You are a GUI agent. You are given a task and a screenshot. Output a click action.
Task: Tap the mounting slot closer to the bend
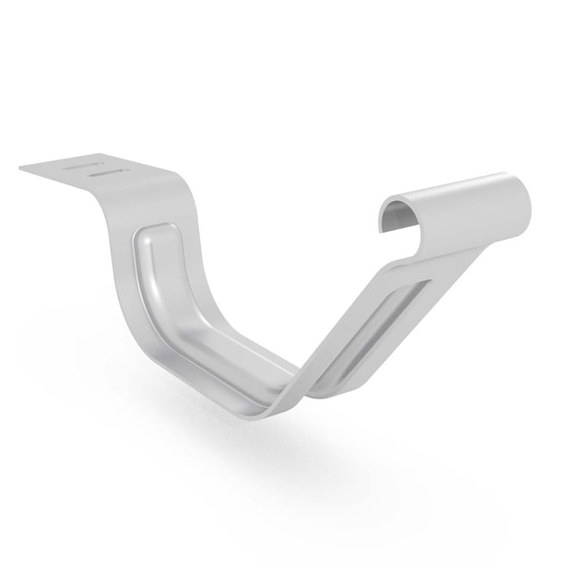pyautogui.click(x=106, y=172)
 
